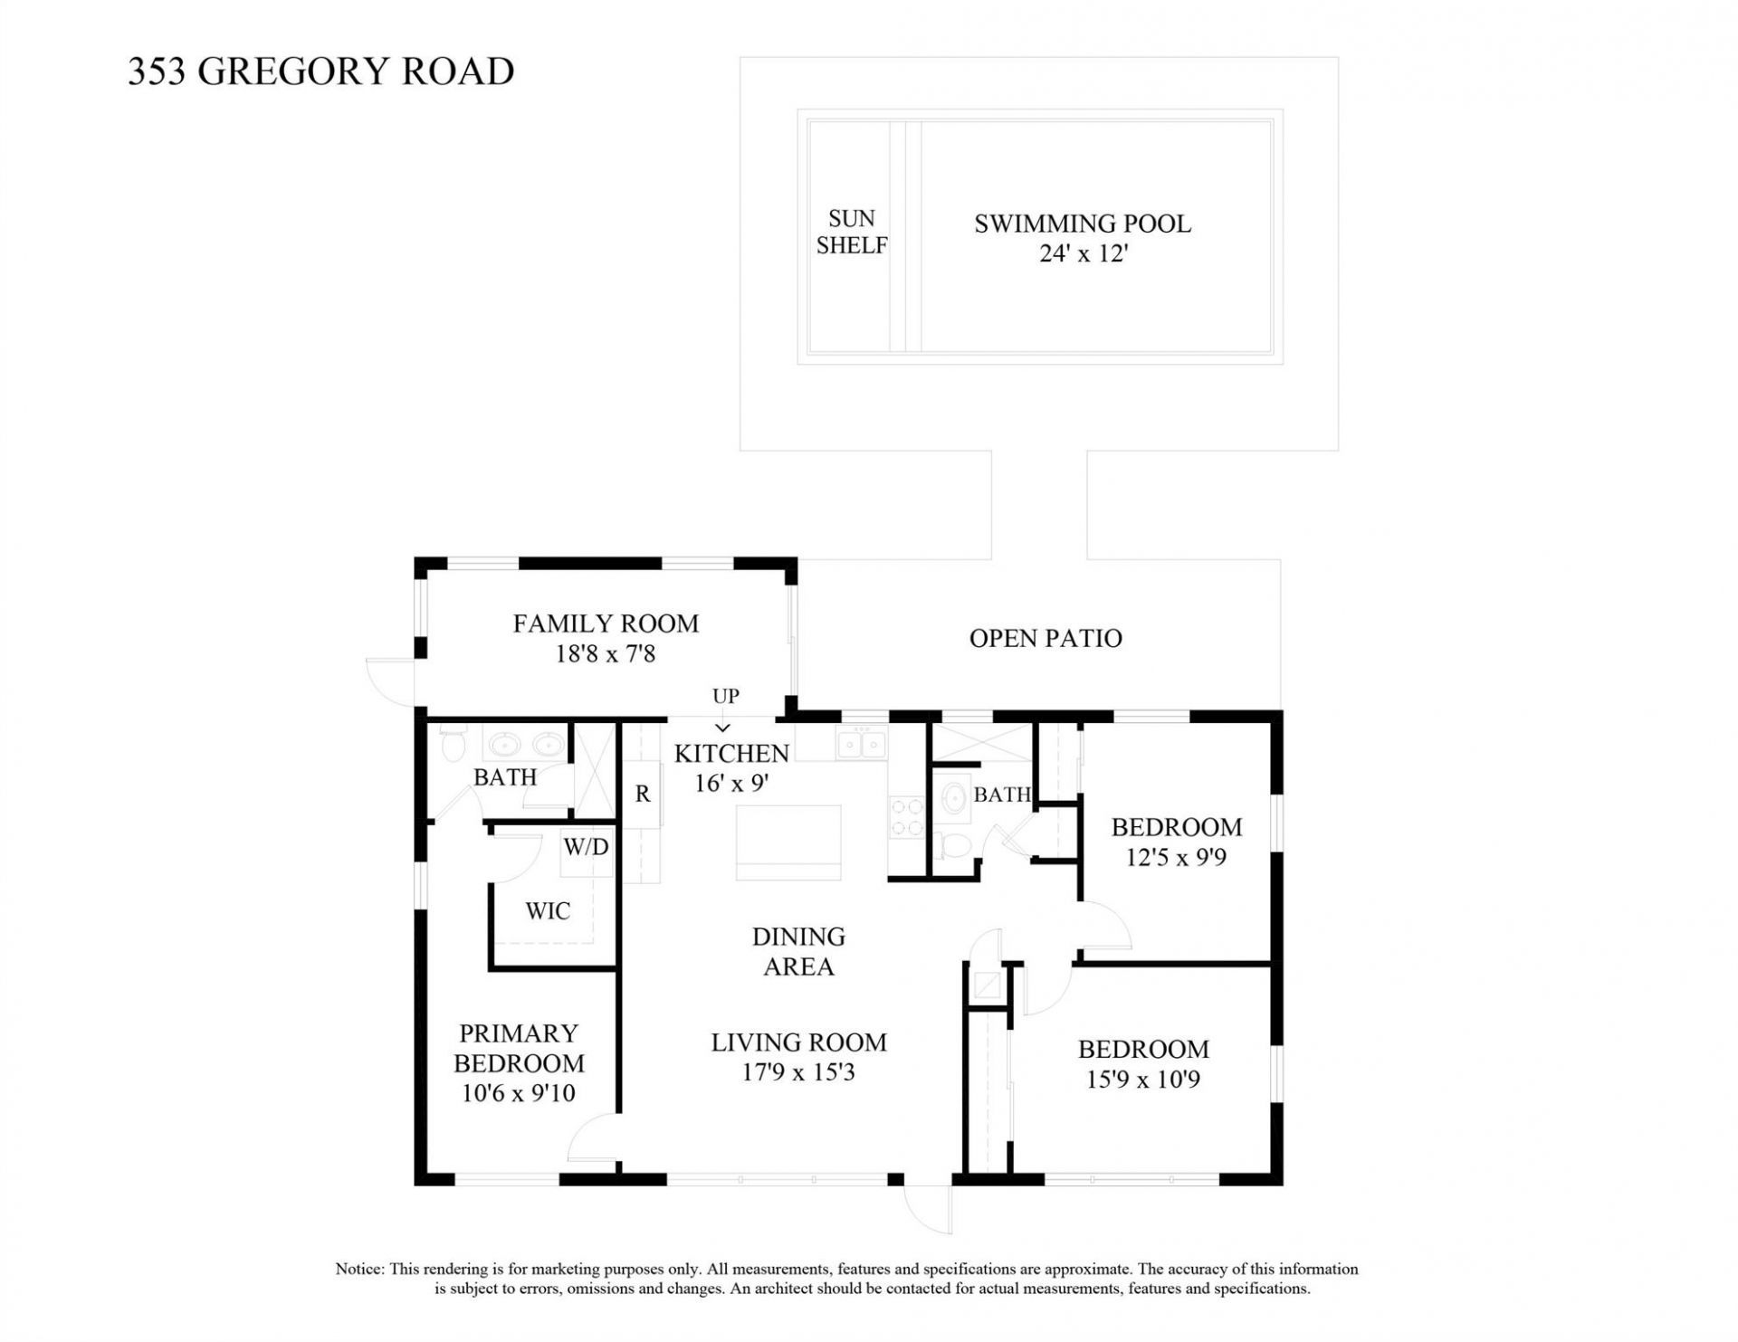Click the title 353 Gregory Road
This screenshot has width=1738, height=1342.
point(320,71)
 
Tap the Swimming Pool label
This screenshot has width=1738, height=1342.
point(1082,224)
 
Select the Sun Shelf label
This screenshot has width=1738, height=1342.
point(851,232)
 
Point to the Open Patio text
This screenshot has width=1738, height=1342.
point(1045,639)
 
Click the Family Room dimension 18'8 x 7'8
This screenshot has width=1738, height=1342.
point(605,654)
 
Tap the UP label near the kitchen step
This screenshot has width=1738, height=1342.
point(725,696)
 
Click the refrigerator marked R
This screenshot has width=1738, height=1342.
point(642,795)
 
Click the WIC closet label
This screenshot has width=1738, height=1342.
point(548,911)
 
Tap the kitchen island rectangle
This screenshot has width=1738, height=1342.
point(788,842)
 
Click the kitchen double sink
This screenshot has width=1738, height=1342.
point(861,745)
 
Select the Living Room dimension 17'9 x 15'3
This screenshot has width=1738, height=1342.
point(797,1073)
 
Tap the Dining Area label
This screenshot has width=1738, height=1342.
point(797,951)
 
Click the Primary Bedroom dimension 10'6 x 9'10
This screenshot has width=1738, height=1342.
point(518,1093)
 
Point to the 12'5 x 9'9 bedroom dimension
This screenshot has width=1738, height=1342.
point(1175,857)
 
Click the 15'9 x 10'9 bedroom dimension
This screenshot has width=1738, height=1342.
point(1142,1080)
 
